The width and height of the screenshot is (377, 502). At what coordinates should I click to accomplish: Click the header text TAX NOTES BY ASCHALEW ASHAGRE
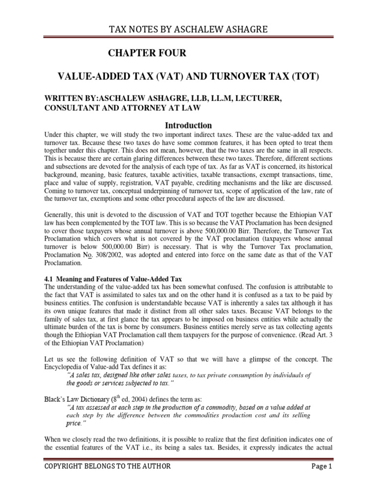pos(188,29)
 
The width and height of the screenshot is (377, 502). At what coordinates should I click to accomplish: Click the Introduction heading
pos(188,125)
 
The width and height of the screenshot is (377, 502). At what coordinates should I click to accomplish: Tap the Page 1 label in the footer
pos(322,480)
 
